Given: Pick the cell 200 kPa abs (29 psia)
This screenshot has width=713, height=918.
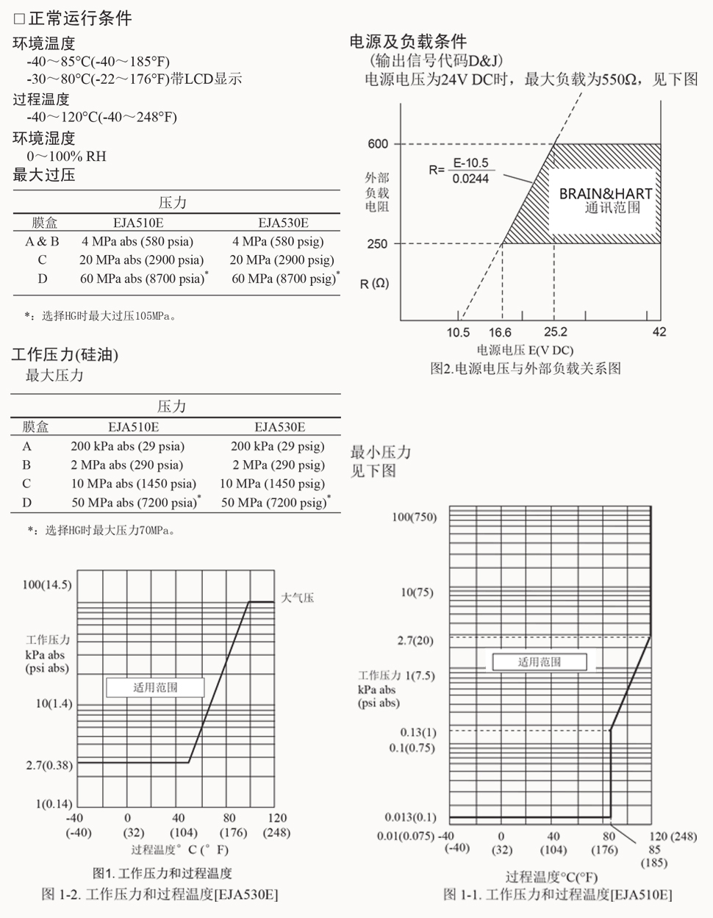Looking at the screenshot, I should click(x=127, y=446).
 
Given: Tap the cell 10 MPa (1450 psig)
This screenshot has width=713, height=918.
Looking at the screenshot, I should click(x=272, y=484).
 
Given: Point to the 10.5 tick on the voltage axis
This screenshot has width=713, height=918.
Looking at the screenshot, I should click(x=457, y=332).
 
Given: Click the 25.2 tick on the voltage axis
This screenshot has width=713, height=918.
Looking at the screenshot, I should click(x=555, y=332).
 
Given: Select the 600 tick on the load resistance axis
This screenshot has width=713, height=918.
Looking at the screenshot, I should click(x=378, y=144).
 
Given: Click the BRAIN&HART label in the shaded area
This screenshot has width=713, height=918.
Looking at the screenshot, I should click(x=605, y=194).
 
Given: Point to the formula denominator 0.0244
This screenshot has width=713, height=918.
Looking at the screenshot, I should click(x=470, y=179).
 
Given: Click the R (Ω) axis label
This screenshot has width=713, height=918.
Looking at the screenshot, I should click(x=375, y=283).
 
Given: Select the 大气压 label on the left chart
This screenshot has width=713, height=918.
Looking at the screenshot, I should click(x=298, y=598).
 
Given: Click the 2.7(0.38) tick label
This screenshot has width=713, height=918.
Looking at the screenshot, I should click(x=49, y=765).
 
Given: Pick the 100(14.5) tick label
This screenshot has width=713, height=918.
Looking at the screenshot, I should click(x=47, y=584).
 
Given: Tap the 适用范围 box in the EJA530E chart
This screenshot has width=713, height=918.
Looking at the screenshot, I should click(x=155, y=688).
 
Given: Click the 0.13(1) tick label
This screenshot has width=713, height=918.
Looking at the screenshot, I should click(x=418, y=732).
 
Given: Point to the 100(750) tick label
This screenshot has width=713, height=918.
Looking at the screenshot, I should click(x=414, y=517).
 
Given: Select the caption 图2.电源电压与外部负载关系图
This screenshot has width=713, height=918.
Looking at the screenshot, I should click(x=525, y=368).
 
